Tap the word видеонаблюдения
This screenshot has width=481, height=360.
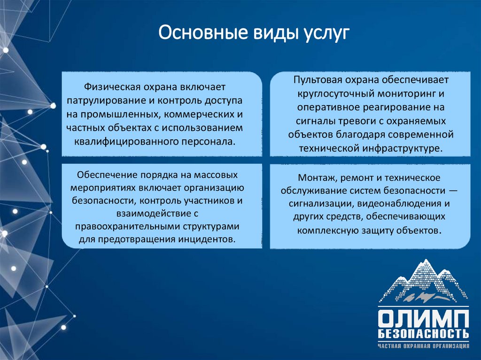(x=400, y=204)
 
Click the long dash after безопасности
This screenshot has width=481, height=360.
(x=453, y=191)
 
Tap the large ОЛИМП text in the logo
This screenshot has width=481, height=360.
(x=423, y=319)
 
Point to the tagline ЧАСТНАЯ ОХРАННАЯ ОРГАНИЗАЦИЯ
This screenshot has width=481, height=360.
(x=423, y=347)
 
